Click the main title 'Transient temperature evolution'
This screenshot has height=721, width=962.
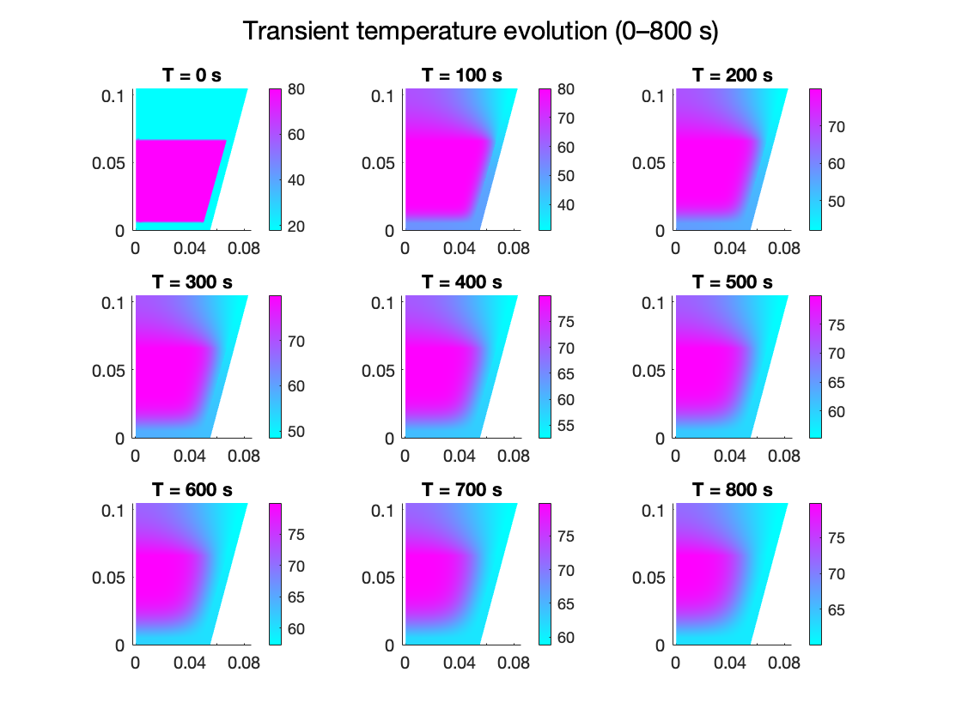[x=480, y=31]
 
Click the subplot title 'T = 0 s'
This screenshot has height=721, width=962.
[x=192, y=76]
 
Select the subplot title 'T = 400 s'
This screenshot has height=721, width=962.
[x=461, y=282]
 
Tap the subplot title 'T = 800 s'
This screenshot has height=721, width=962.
[x=732, y=490]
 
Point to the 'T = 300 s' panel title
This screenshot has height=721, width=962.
[x=192, y=282]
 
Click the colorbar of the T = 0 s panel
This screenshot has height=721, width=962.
[x=276, y=159]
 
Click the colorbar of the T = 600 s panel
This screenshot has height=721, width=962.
[x=276, y=573]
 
